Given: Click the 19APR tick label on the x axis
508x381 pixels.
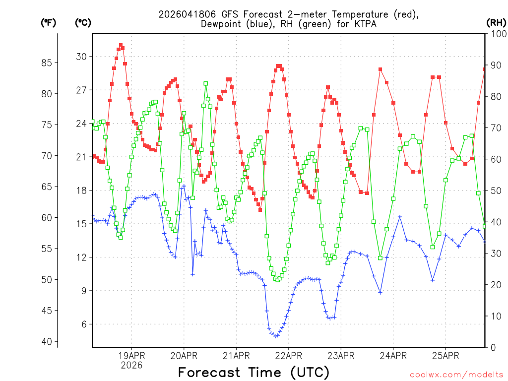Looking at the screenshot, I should pyautogui.click(x=131, y=356).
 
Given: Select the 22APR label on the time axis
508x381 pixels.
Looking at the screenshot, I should pyautogui.click(x=288, y=356).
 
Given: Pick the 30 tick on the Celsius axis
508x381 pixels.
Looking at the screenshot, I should pyautogui.click(x=81, y=57).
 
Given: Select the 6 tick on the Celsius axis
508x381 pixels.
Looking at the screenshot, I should pyautogui.click(x=84, y=324).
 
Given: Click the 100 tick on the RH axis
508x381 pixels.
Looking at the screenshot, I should pyautogui.click(x=496, y=34).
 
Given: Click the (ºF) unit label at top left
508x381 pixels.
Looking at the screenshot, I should pyautogui.click(x=48, y=22).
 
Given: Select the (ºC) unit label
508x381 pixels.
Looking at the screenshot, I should pyautogui.click(x=83, y=22).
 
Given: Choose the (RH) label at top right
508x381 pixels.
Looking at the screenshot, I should pyautogui.click(x=496, y=22).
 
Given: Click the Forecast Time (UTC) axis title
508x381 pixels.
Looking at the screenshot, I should pyautogui.click(x=254, y=372).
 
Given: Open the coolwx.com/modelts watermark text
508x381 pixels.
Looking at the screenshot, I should pyautogui.click(x=456, y=375).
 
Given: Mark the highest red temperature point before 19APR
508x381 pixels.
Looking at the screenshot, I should pyautogui.click(x=121, y=45).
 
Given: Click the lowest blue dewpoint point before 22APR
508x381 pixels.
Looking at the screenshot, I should pyautogui.click(x=276, y=336).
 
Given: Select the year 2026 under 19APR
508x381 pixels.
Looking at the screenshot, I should pyautogui.click(x=131, y=365).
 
